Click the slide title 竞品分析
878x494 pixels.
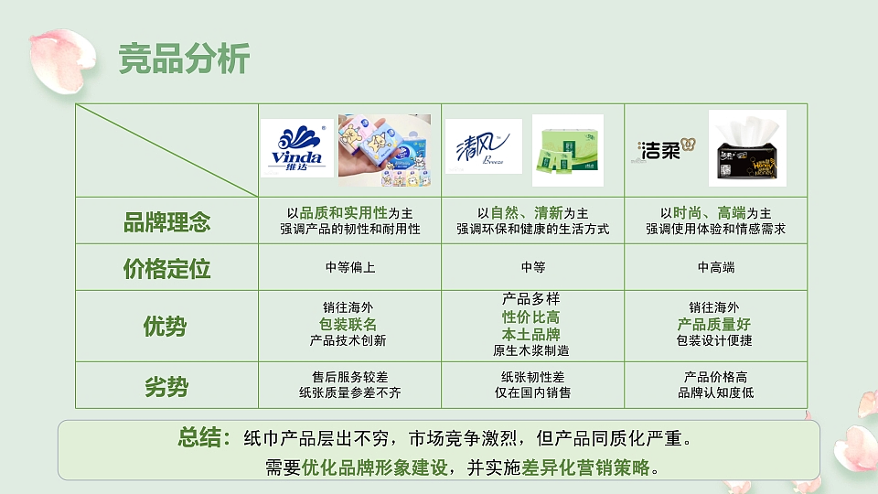(184, 59)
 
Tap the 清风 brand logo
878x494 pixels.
(483, 146)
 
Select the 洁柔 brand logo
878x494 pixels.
(664, 149)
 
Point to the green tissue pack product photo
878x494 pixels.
(567, 150)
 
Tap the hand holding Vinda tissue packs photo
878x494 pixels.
(384, 150)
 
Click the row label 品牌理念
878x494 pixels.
(166, 221)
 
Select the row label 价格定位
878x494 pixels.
(166, 268)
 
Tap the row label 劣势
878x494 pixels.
(166, 386)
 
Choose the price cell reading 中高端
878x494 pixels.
(715, 268)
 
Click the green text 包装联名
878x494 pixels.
(348, 325)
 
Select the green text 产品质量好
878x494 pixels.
(714, 325)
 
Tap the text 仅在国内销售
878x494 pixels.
(532, 393)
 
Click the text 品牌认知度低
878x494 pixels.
(715, 393)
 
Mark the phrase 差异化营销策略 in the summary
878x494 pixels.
(586, 467)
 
